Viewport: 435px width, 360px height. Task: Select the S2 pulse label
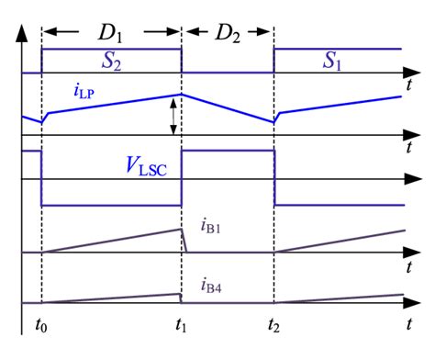point(111,60)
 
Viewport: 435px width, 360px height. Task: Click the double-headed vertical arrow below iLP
point(172,116)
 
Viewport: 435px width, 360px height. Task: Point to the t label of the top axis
point(407,84)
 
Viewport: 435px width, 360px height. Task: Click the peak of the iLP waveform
point(182,94)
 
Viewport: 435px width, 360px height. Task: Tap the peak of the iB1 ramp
point(181,229)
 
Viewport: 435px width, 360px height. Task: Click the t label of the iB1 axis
point(407,264)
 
